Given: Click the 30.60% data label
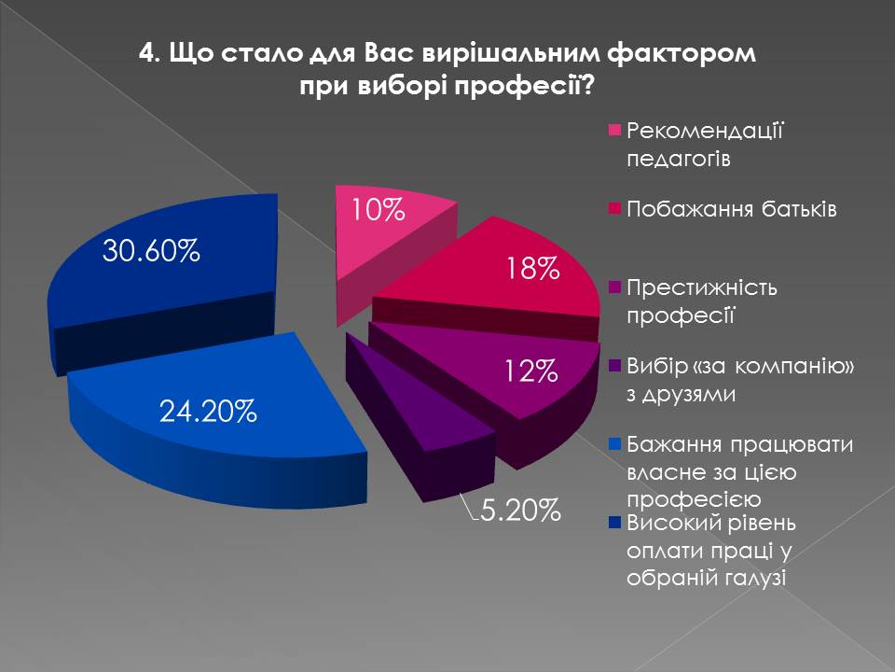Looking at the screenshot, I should [x=151, y=251].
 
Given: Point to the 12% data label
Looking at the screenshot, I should [x=532, y=373].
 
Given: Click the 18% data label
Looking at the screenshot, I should [x=533, y=271].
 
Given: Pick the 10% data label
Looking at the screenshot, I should [x=378, y=211].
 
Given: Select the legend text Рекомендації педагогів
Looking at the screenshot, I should [x=704, y=144].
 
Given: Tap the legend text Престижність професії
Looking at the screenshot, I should [x=702, y=301].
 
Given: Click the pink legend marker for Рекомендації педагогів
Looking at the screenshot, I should [x=614, y=130].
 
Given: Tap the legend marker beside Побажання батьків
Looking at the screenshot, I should [x=614, y=208].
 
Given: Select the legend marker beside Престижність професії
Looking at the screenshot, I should [x=614, y=287].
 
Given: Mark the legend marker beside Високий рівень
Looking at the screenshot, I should [x=614, y=522].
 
